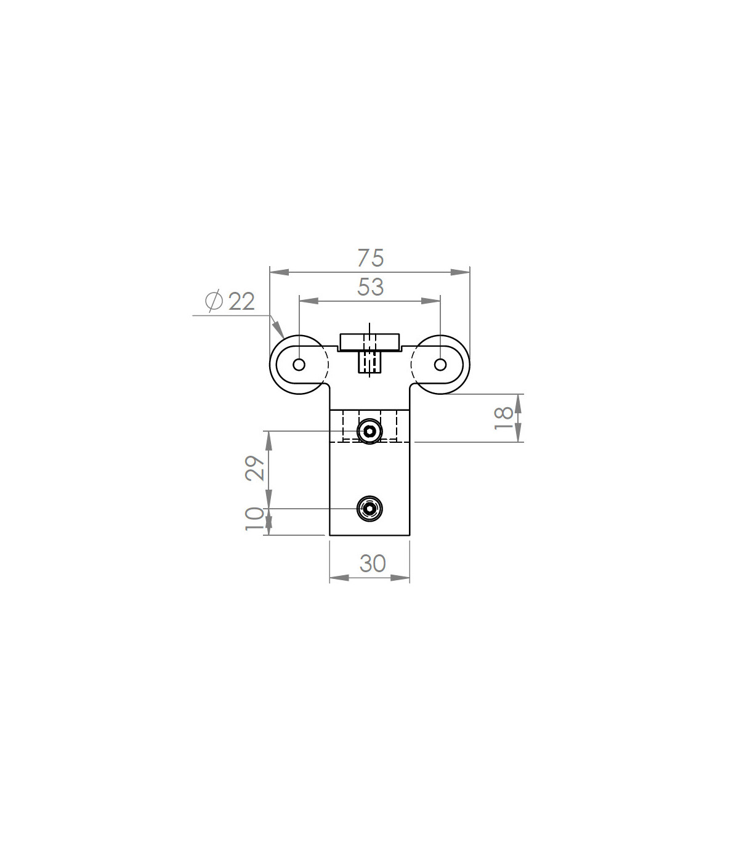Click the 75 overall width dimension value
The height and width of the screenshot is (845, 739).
pyautogui.click(x=370, y=257)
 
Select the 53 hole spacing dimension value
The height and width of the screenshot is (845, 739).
pyautogui.click(x=370, y=286)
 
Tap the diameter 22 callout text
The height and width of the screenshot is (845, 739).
pyautogui.click(x=230, y=301)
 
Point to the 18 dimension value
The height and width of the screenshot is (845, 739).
pyautogui.click(x=504, y=418)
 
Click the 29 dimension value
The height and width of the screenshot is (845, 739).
pyautogui.click(x=254, y=467)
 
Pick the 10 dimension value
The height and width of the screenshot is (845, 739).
pyautogui.click(x=254, y=519)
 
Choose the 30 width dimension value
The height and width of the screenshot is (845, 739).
pyautogui.click(x=373, y=564)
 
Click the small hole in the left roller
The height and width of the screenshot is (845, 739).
pyautogui.click(x=299, y=365)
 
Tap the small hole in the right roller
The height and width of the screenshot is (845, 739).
pyautogui.click(x=440, y=365)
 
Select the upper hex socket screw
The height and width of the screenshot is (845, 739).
pyautogui.click(x=369, y=431)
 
